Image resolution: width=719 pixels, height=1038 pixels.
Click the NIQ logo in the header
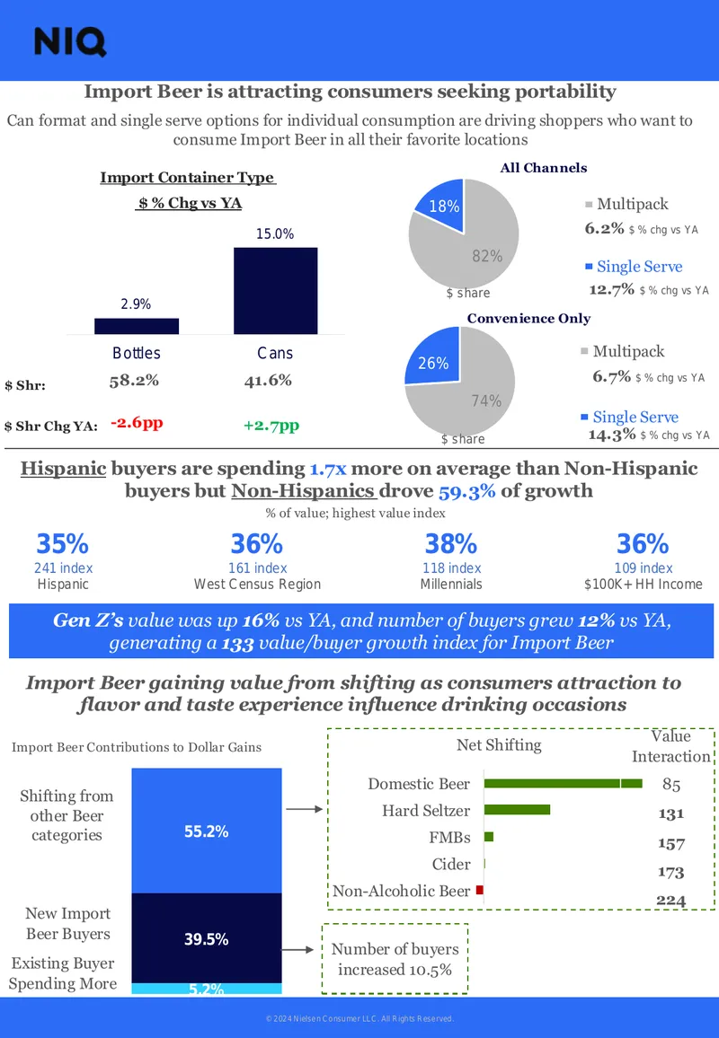(69, 41)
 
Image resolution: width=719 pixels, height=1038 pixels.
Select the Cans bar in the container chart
(275, 291)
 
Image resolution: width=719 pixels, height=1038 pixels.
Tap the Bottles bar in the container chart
(137, 326)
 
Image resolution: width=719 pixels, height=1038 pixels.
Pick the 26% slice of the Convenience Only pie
(436, 359)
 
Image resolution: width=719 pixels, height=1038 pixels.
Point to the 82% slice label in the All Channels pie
(487, 256)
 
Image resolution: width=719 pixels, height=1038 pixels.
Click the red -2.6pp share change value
(137, 422)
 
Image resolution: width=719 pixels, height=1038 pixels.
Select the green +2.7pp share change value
(271, 425)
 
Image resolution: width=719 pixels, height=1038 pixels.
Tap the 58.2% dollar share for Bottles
(134, 380)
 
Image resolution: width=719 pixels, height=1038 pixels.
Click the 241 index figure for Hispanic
(63, 568)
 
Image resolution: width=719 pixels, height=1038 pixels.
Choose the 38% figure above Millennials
(450, 544)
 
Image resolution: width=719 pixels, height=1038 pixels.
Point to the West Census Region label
(257, 584)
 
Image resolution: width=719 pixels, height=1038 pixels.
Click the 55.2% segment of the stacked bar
(207, 831)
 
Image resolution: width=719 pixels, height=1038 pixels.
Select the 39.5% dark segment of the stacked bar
(207, 938)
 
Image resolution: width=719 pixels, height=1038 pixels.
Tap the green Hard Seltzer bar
(517, 810)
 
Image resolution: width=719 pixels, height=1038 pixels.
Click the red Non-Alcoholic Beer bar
(480, 891)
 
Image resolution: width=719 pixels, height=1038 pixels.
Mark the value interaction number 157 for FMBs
(670, 843)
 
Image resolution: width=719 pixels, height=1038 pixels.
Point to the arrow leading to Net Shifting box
(304, 809)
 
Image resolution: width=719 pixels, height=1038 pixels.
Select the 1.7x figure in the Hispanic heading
(328, 469)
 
